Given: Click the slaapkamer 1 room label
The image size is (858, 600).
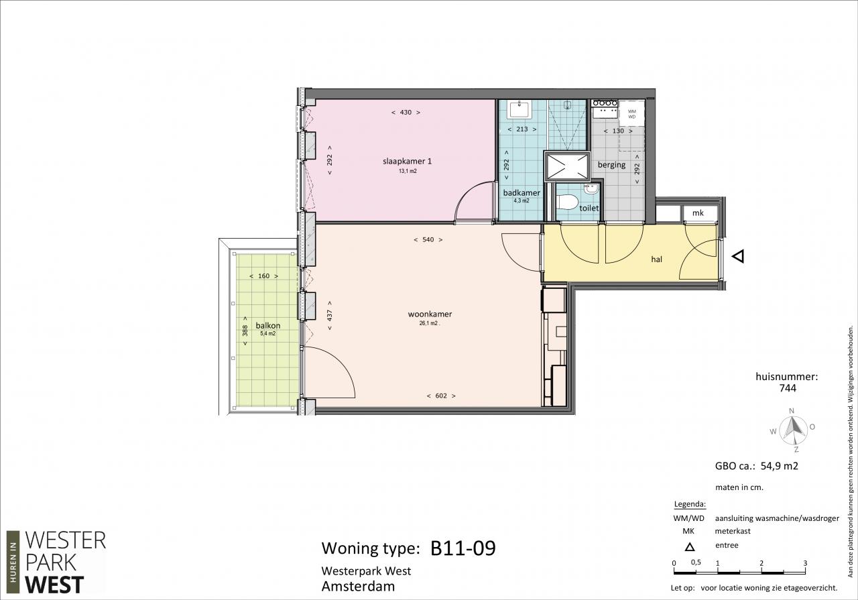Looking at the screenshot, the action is click(407, 162).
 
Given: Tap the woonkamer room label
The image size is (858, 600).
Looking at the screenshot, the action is click(430, 314).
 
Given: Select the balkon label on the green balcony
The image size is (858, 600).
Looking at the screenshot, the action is click(268, 326).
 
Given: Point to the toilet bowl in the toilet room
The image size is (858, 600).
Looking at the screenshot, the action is click(567, 202).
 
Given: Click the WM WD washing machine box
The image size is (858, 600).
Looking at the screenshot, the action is click(631, 113).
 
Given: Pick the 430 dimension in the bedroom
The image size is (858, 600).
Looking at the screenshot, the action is click(406, 112).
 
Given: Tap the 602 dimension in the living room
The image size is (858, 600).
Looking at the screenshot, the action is click(441, 396).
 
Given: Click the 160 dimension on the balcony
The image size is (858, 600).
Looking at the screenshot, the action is click(264, 276).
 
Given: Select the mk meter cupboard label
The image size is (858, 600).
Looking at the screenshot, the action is click(698, 213).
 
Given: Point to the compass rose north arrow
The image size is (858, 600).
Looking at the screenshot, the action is click(792, 428).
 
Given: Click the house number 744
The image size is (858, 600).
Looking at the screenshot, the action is click(788, 388).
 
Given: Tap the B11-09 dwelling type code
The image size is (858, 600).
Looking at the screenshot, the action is click(463, 548).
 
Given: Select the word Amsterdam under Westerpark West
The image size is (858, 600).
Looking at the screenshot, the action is click(358, 586).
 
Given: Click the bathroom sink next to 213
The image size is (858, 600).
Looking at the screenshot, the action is click(519, 109).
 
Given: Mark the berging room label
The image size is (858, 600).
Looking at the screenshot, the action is click(611, 165).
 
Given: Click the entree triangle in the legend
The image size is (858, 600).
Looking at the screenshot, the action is click(690, 547).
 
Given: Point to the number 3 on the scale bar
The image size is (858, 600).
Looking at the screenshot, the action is click(805, 563).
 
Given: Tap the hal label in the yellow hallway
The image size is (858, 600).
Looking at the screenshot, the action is click(656, 259).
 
